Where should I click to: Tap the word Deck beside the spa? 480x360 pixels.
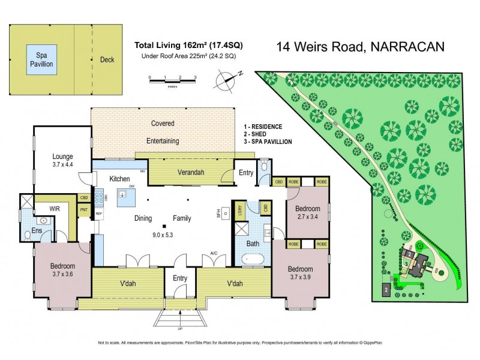pyautogui.click(x=107, y=59)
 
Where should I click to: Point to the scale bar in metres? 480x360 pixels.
pyautogui.click(x=173, y=79)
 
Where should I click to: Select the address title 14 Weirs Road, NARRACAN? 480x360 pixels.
pyautogui.click(x=359, y=47)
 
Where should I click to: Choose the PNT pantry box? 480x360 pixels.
pyautogui.click(x=83, y=209)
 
